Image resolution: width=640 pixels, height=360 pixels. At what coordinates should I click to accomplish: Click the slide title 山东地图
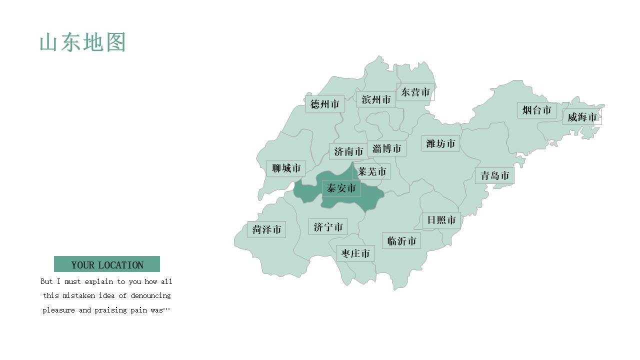tap(82, 43)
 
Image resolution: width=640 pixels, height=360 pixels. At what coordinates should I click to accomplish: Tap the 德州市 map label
tap(324, 104)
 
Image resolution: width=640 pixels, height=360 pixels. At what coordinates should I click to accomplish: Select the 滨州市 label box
tap(376, 99)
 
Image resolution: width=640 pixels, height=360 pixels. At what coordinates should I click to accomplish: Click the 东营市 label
tap(415, 92)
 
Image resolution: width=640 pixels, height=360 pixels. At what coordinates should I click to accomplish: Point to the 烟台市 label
tap(536, 110)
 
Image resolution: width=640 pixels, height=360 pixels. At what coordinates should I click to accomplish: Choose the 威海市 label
tap(582, 117)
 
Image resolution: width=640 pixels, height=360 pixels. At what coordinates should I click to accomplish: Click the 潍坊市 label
tap(440, 143)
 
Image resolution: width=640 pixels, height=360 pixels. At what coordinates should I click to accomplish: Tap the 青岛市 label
tap(494, 175)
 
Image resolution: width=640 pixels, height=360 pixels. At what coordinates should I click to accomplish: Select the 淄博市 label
tap(386, 148)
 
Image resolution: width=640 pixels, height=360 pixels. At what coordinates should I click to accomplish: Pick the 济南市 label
tap(348, 151)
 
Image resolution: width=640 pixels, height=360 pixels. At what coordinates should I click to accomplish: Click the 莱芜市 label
tap(372, 171)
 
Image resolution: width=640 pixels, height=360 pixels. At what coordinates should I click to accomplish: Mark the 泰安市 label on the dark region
tap(341, 188)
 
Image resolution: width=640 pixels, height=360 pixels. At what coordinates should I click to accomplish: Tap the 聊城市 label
tap(286, 168)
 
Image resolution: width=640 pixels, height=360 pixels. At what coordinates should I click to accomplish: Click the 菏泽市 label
tap(266, 229)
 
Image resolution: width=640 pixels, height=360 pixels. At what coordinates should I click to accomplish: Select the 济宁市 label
tap(328, 227)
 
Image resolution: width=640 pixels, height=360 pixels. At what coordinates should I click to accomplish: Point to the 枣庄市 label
tap(355, 253)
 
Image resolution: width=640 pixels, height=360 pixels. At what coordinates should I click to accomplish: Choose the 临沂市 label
tap(401, 241)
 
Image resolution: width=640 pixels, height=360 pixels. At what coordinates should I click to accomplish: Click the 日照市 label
tap(441, 220)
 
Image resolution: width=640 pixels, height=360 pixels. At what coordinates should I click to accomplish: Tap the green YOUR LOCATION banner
tap(107, 264)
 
